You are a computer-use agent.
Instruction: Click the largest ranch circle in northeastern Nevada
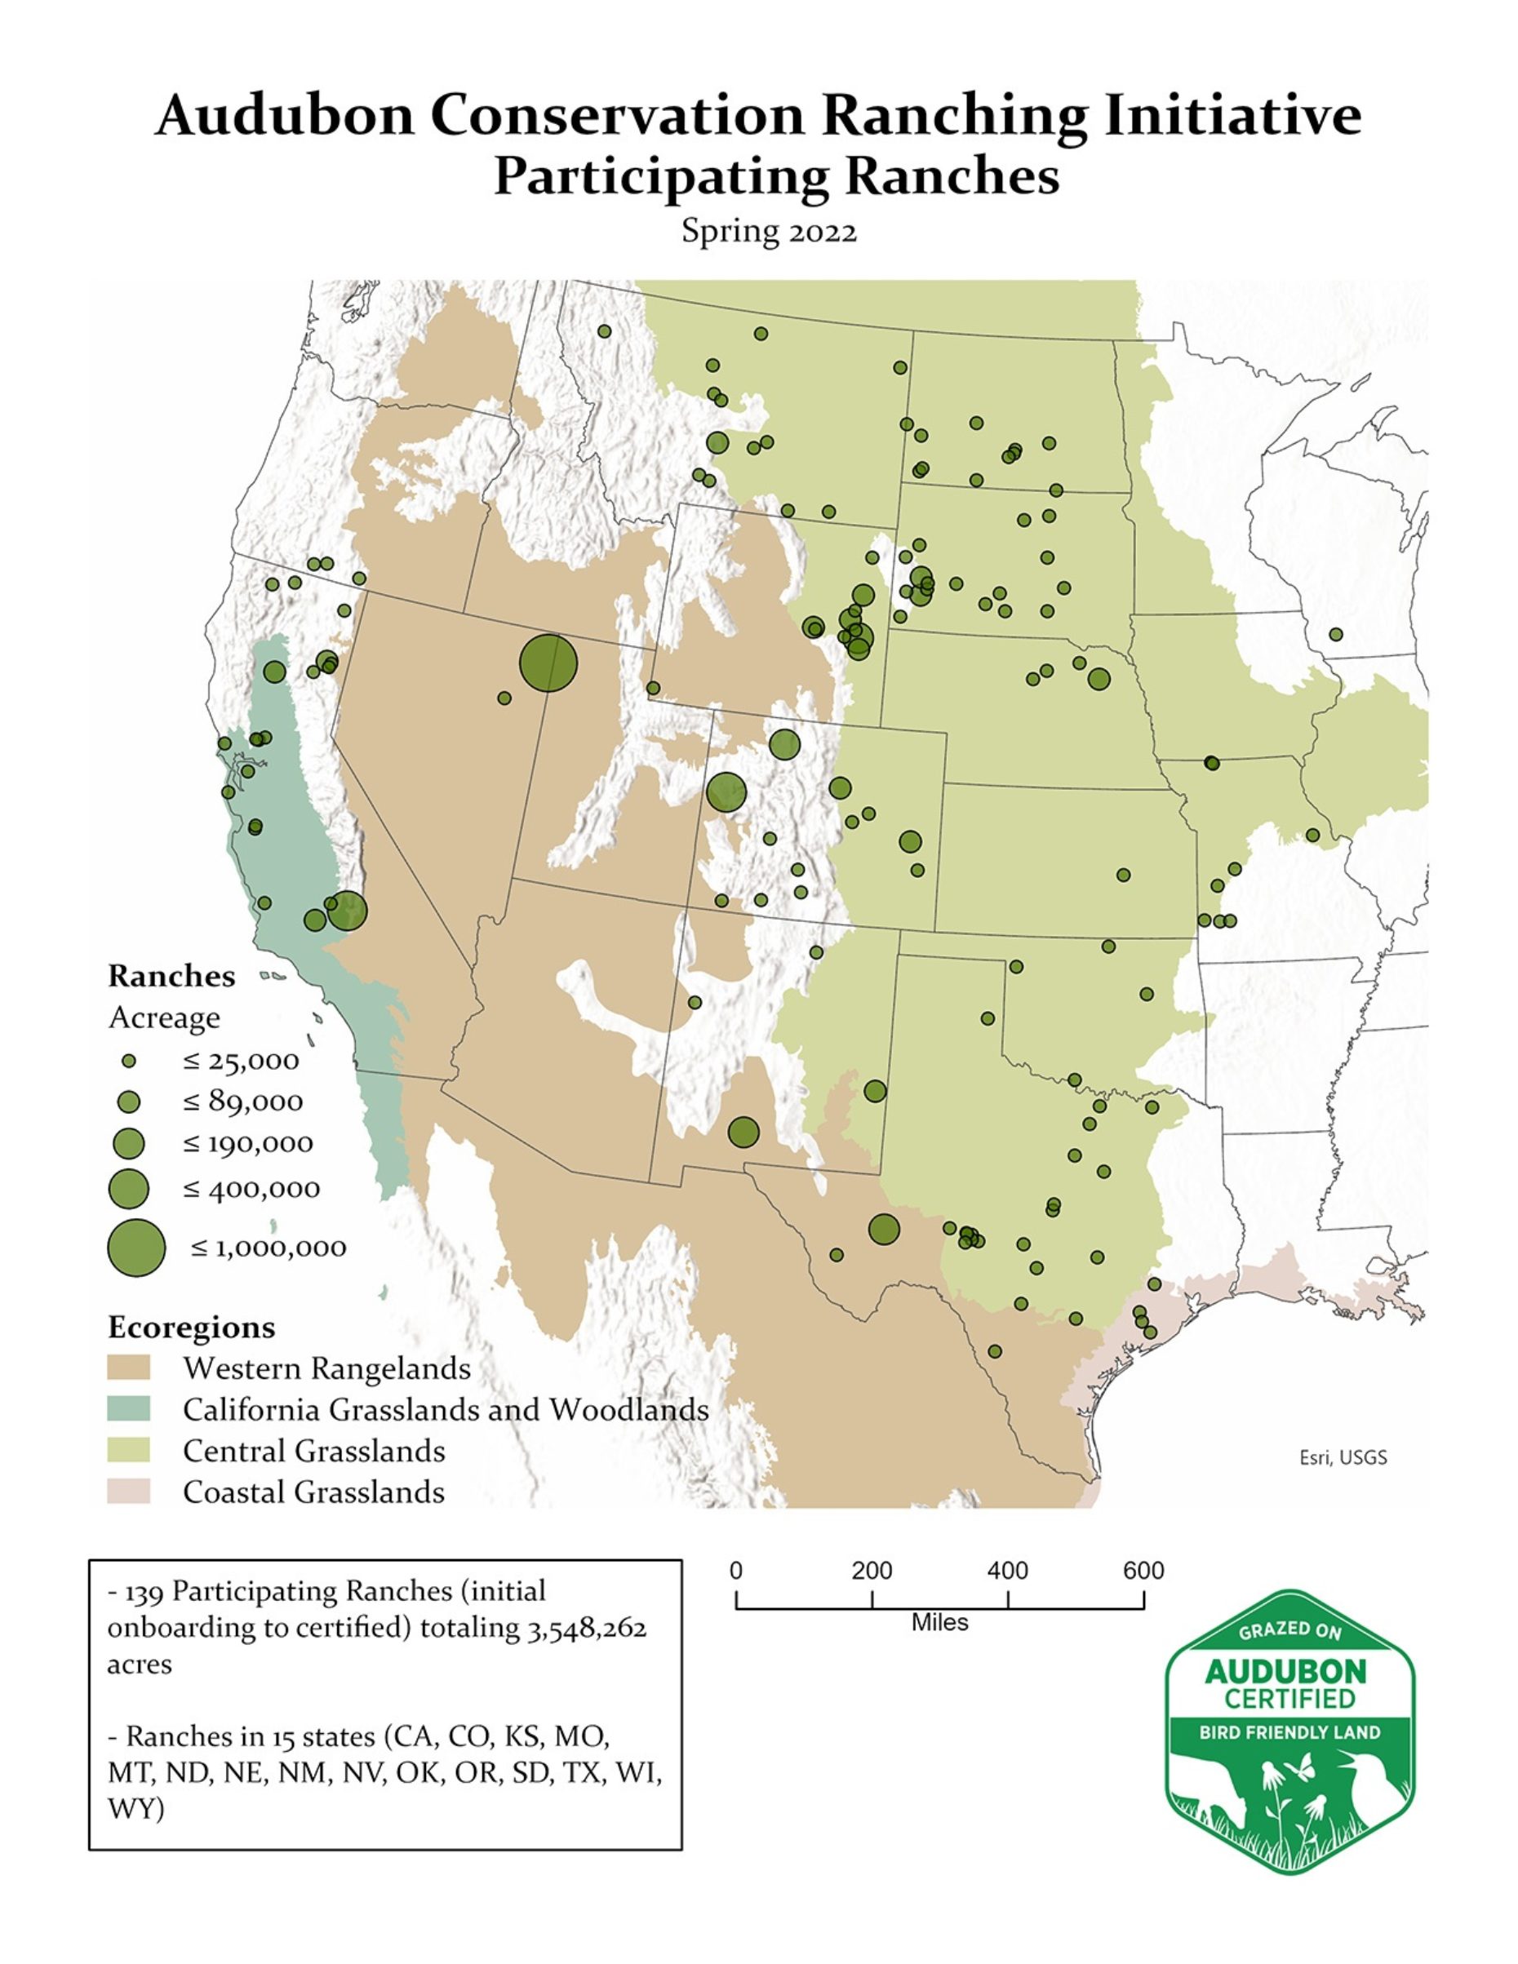pos(548,663)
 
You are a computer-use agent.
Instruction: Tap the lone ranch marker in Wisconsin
pos(1335,634)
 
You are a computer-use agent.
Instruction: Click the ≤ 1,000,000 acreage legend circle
pos(136,1248)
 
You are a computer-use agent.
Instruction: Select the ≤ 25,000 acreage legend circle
pos(129,1061)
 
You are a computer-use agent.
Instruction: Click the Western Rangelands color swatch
pos(129,1368)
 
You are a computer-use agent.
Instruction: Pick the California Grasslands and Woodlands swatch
pos(129,1409)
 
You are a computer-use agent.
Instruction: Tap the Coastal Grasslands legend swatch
pos(129,1492)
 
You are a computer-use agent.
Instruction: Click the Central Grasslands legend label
pos(314,1451)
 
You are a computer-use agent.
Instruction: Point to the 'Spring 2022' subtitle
pos(769,231)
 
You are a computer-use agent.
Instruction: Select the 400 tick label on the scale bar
pos(1007,1570)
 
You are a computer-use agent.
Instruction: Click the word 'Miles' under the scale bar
pos(939,1622)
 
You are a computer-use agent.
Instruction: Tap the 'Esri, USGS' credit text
pos(1343,1458)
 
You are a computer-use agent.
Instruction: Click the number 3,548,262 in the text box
pos(586,1628)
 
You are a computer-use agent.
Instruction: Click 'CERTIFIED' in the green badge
pos(1289,1699)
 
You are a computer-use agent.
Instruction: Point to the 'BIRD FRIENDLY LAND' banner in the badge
pos(1289,1732)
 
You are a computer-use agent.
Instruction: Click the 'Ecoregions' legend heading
pos(192,1328)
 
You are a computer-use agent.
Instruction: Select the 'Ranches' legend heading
pos(171,976)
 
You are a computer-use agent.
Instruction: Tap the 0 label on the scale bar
pos(735,1570)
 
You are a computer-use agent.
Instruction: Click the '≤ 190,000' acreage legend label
pos(248,1144)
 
